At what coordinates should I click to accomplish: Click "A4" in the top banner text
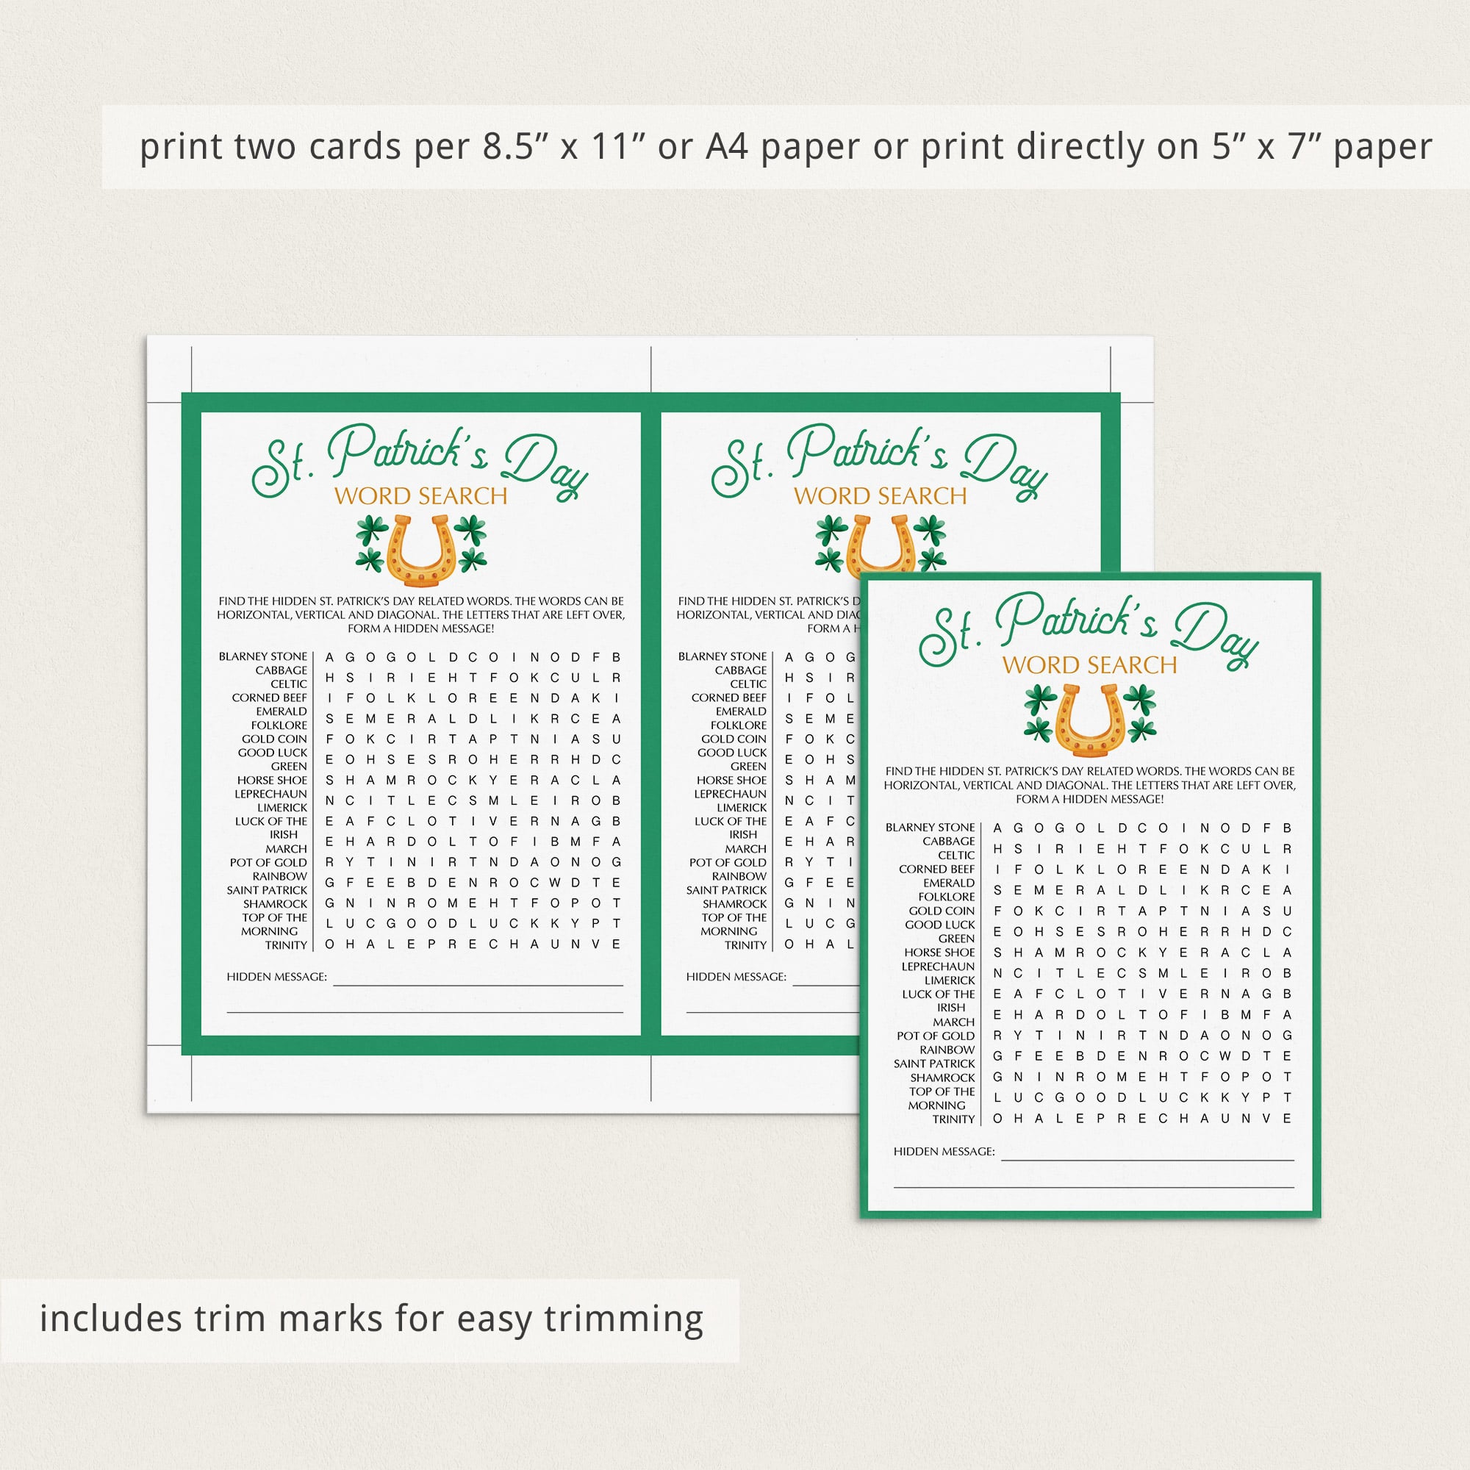pos(728,147)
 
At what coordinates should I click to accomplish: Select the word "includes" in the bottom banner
pos(110,1319)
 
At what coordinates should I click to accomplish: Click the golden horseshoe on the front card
pos(1090,720)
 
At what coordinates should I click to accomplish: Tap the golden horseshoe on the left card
pos(420,551)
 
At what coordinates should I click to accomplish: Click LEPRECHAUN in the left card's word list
pos(271,794)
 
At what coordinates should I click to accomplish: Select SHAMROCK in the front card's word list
pos(943,1078)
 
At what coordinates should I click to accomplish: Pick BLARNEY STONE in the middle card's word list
pos(723,656)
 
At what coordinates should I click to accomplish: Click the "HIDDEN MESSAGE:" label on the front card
pos(944,1151)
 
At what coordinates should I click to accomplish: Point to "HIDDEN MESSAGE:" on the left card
pos(277,976)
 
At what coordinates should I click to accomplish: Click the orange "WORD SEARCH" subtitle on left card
pos(420,496)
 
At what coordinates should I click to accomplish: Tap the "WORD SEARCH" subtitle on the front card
pos(1089,665)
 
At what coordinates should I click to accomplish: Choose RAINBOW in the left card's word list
pos(280,876)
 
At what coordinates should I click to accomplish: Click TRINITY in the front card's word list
pos(954,1119)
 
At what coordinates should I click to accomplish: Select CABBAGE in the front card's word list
pos(949,841)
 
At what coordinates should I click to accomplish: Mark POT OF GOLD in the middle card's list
pos(728,862)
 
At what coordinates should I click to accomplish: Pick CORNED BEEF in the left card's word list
pos(270,697)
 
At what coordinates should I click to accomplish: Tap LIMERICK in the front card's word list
pos(950,980)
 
